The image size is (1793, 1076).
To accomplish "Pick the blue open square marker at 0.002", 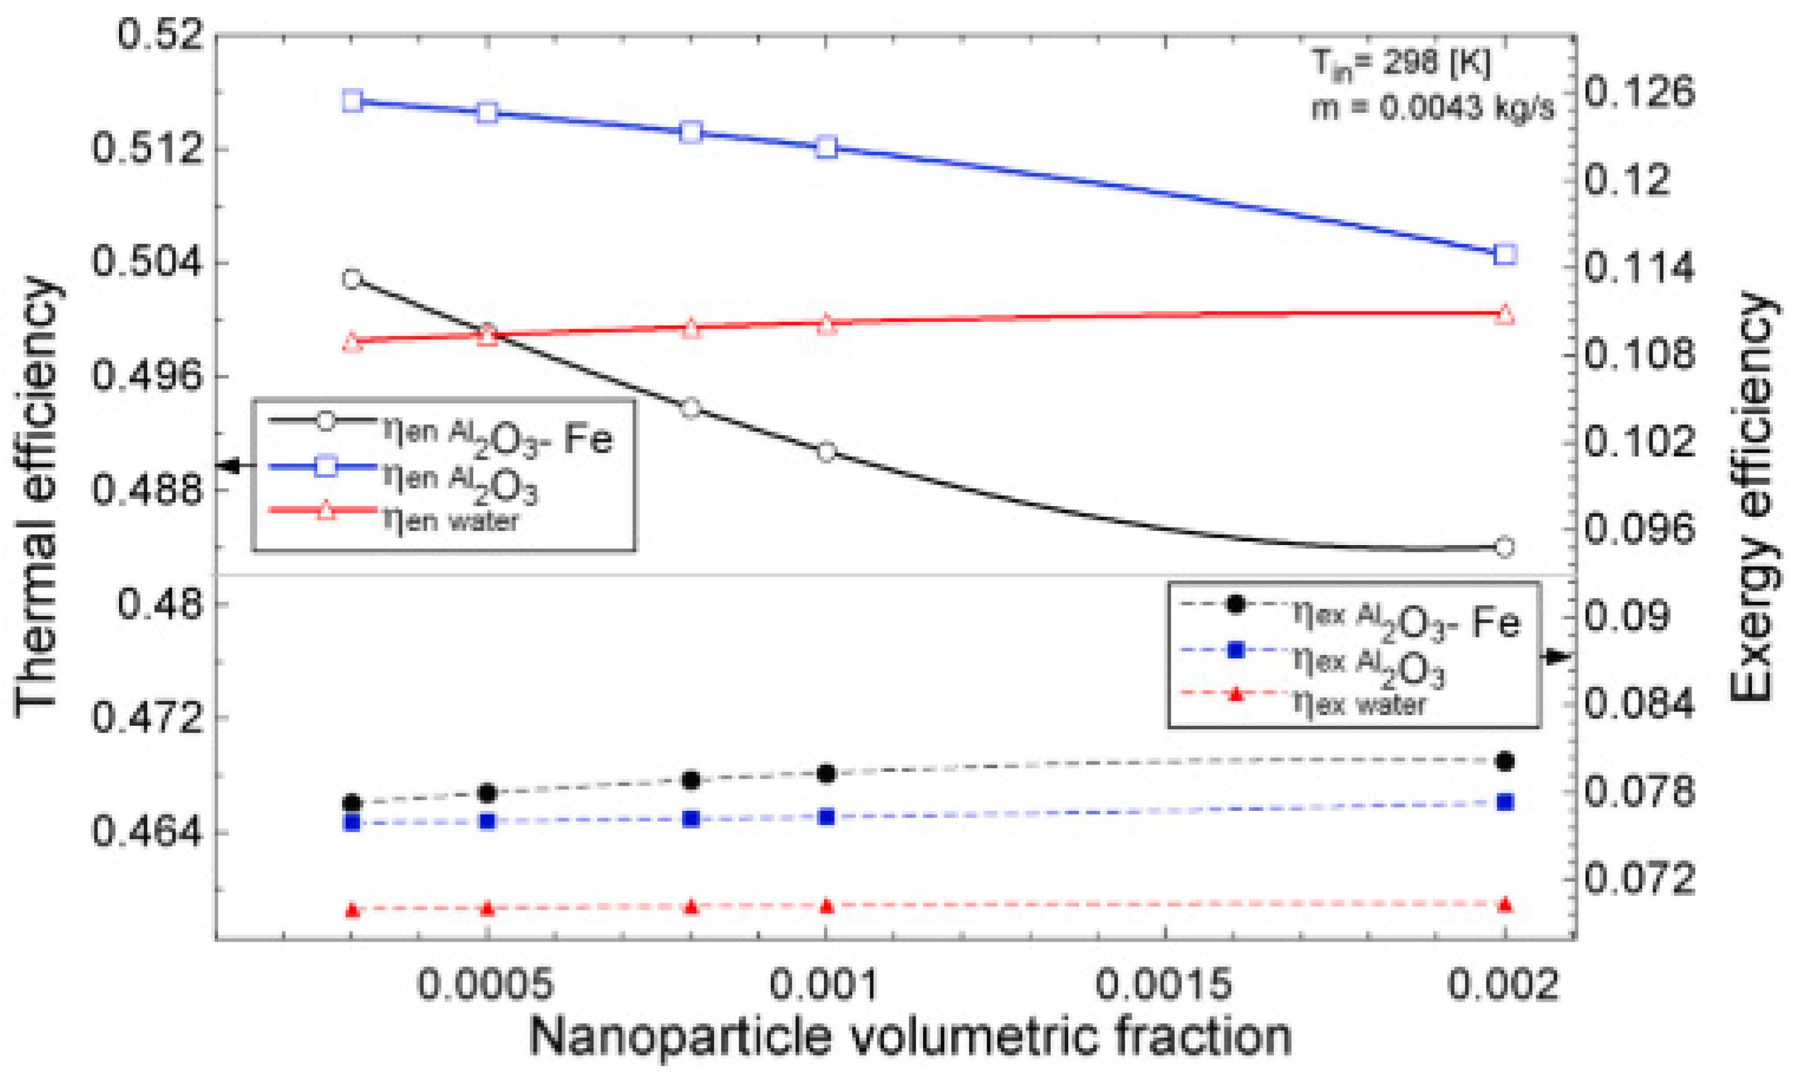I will pyautogui.click(x=1505, y=254).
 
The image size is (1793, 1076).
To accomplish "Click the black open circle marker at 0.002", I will pyautogui.click(x=1505, y=547).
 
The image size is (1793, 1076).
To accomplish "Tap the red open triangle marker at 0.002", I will pyautogui.click(x=1505, y=314).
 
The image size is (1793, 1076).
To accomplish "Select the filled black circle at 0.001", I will pyautogui.click(x=827, y=773).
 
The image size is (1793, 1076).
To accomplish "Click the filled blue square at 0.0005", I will pyautogui.click(x=487, y=822).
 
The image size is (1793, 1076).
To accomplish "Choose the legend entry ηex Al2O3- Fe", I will pyautogui.click(x=1403, y=620).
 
